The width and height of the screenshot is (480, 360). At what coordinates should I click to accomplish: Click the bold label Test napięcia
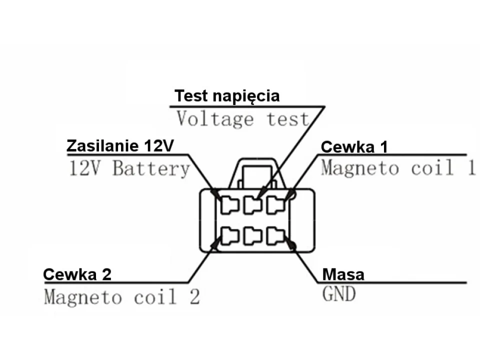[226, 95]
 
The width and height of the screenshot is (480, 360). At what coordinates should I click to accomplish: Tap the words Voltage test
[242, 119]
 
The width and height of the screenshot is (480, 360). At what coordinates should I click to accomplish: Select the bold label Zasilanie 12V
[120, 145]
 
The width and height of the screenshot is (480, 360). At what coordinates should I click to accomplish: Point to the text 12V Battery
[128, 168]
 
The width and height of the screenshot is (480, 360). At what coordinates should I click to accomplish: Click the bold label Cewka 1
[354, 147]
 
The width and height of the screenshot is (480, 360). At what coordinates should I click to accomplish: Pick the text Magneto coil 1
[397, 168]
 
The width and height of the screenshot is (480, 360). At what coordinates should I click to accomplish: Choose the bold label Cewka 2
[77, 274]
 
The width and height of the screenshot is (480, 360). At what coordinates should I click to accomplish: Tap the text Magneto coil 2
[121, 297]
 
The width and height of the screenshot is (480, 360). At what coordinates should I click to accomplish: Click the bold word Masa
[343, 274]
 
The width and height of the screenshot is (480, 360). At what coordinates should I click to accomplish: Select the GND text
[338, 294]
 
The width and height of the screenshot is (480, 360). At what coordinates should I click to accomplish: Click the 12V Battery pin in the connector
[230, 205]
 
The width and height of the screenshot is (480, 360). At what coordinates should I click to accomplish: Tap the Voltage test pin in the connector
[253, 205]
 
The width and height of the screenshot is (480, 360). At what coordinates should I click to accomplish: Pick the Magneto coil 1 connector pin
[276, 205]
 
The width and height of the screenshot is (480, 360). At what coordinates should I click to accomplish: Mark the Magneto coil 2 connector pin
[230, 235]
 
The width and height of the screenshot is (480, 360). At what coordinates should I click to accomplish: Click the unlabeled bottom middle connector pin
[253, 236]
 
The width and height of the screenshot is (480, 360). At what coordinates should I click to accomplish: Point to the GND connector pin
[276, 235]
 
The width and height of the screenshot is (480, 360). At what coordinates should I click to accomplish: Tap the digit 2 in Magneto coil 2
[194, 297]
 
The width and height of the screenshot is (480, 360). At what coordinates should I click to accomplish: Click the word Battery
[151, 168]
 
